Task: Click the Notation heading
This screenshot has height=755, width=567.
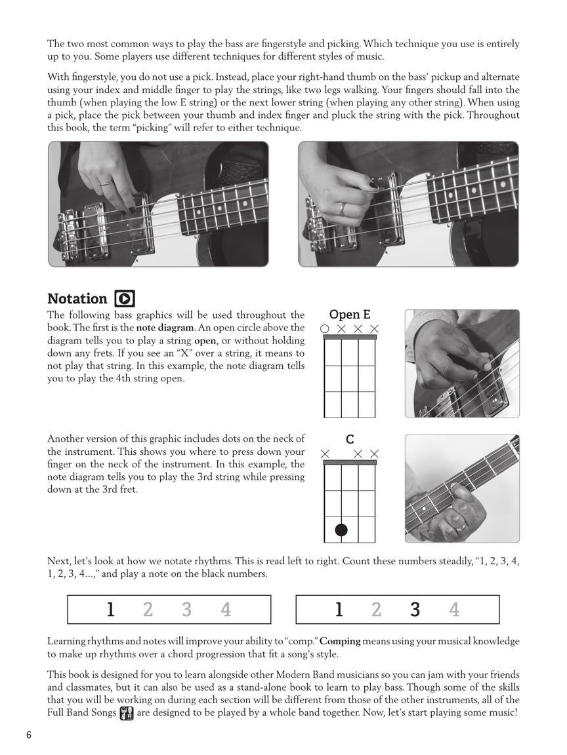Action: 77,299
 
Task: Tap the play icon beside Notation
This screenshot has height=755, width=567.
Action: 125,299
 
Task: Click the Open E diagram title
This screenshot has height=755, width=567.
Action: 350,315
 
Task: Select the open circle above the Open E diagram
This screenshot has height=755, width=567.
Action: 325,328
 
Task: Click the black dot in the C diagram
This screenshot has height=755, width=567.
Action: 341,530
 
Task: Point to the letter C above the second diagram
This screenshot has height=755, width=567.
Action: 350,440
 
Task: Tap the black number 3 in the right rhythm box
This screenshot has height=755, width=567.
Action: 415,610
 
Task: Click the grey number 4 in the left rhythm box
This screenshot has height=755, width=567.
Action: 226,610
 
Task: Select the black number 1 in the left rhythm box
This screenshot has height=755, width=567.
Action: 111,610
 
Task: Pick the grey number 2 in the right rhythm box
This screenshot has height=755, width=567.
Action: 376,610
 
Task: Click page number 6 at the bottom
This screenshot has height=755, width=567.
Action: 29,735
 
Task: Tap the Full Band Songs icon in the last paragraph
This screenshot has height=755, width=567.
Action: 127,712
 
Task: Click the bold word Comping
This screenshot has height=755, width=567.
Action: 340,641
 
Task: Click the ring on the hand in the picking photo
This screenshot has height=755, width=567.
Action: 343,208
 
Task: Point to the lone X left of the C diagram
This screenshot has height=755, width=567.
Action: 325,454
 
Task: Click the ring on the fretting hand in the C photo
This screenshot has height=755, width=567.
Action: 461,524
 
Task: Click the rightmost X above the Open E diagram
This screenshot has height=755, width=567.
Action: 375,328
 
